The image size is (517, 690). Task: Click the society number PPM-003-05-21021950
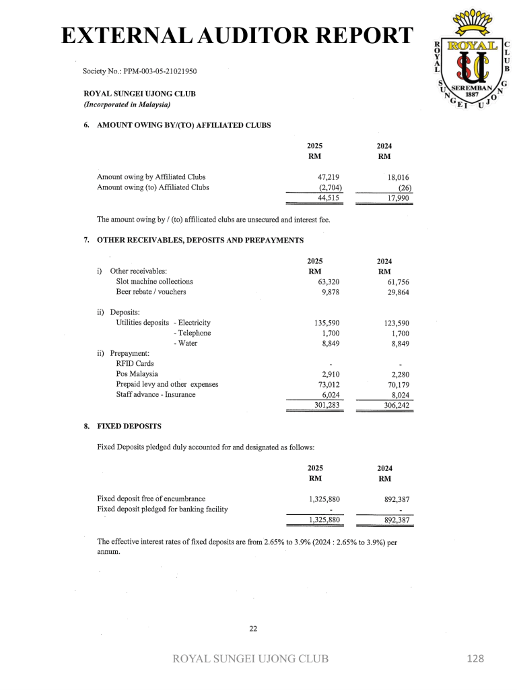click(x=140, y=71)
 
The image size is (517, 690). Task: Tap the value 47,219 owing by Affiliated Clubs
click(x=328, y=177)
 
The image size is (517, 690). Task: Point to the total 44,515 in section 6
click(x=328, y=198)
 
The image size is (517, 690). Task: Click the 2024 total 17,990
click(x=398, y=198)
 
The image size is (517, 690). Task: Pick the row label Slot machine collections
click(x=154, y=282)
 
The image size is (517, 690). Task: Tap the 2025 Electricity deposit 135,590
click(x=325, y=323)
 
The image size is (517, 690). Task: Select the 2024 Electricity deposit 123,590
click(x=395, y=323)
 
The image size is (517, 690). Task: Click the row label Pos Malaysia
click(x=137, y=374)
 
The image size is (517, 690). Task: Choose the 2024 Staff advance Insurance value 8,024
click(x=397, y=395)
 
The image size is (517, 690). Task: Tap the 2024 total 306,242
click(x=395, y=406)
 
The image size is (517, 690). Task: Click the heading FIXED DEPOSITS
click(x=129, y=427)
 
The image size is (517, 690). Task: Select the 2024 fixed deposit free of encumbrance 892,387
click(x=397, y=500)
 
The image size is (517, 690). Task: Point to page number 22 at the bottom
click(x=254, y=629)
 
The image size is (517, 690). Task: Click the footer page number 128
click(x=475, y=659)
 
